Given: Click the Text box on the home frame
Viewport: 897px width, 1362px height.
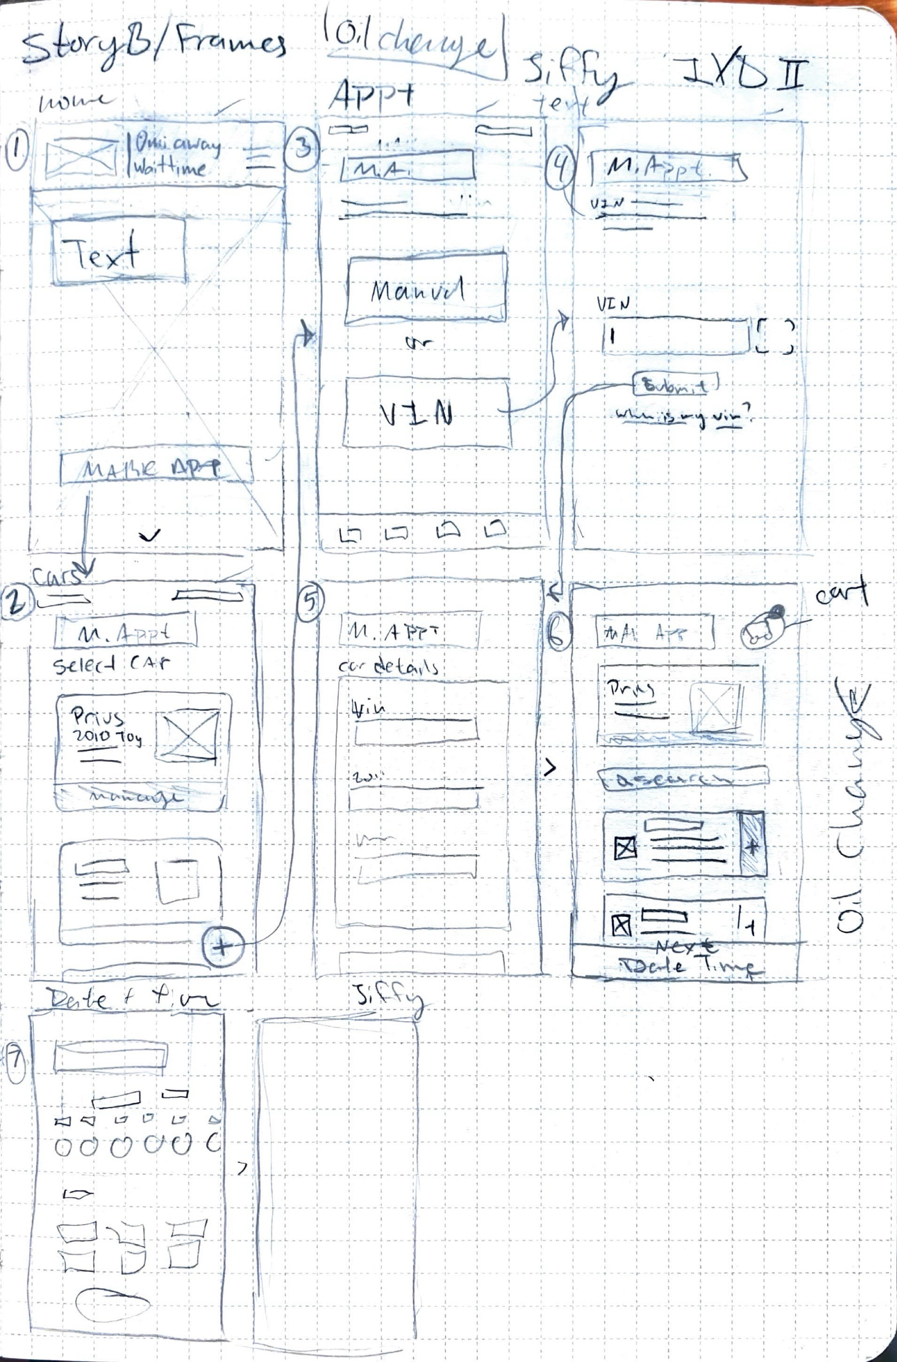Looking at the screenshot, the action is coord(119,252).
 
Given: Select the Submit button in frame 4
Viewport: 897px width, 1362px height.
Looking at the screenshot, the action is coord(675,385).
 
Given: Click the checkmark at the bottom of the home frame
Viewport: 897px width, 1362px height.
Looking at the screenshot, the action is coord(150,535).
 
